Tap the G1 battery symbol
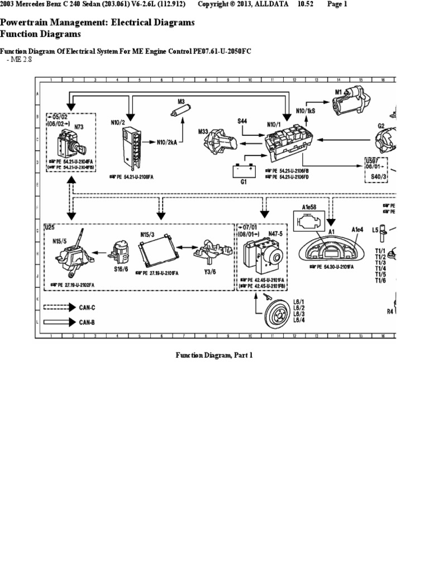(x=243, y=170)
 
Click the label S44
(x=243, y=121)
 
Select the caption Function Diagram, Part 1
(x=214, y=355)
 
